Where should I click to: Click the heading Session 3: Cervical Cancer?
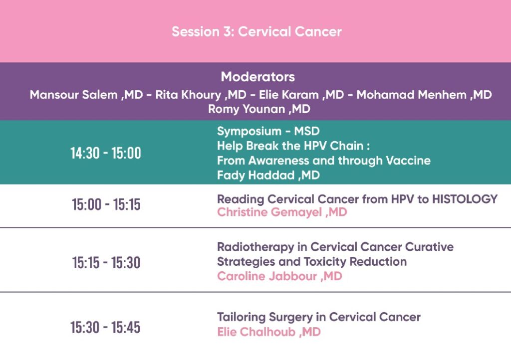257,31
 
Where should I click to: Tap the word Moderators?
258,77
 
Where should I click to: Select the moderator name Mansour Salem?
74,95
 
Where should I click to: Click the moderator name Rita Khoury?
188,95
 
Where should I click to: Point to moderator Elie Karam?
289,95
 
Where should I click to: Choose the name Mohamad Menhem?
412,95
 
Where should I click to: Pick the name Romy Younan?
247,109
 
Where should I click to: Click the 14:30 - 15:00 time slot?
106,153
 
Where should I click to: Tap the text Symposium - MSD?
268,131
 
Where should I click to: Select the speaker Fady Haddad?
256,175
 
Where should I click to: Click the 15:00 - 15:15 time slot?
106,204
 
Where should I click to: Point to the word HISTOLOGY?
465,199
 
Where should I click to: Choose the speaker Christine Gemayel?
269,212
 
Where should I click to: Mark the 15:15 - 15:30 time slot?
106,262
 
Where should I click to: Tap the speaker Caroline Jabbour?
267,276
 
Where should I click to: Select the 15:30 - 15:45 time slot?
106,327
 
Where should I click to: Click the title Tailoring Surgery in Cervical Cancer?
319,317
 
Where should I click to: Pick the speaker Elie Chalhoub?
256,332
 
